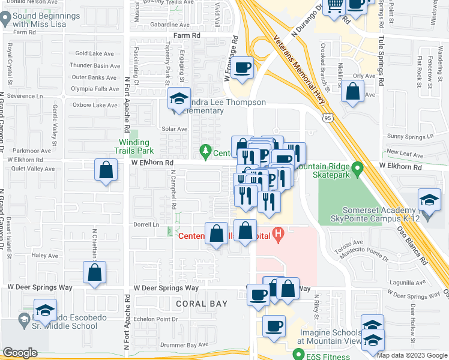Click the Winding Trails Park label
[135, 146]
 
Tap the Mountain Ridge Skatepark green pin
[358, 168]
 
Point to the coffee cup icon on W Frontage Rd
[243, 68]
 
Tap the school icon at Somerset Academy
[430, 200]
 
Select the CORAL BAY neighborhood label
[202, 304]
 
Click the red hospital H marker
[278, 234]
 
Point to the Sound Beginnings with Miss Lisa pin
[5, 19]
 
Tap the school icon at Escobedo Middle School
[45, 310]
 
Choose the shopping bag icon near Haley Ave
[95, 272]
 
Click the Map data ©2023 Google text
[412, 355]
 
